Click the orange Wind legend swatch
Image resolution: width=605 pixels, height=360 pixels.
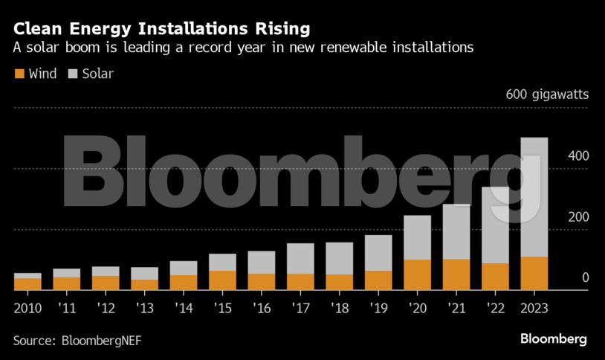pos(19,74)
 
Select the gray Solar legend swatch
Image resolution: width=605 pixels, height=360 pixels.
pos(73,74)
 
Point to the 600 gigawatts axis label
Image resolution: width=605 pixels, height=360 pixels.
pos(547,94)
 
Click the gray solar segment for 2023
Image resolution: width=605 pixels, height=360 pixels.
pos(534,197)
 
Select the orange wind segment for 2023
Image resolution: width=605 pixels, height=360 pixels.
pos(534,273)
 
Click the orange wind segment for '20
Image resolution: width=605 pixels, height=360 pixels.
pos(417,274)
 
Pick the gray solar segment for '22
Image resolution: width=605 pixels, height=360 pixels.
pos(495,225)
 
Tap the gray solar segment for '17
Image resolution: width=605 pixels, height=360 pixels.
pos(300,258)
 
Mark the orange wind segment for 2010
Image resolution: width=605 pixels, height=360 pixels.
pos(27,283)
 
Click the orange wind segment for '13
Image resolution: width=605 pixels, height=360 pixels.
pos(144,284)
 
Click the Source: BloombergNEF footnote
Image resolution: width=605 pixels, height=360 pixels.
pos(77,340)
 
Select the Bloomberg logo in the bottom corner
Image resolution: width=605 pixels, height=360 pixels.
pos(553,339)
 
